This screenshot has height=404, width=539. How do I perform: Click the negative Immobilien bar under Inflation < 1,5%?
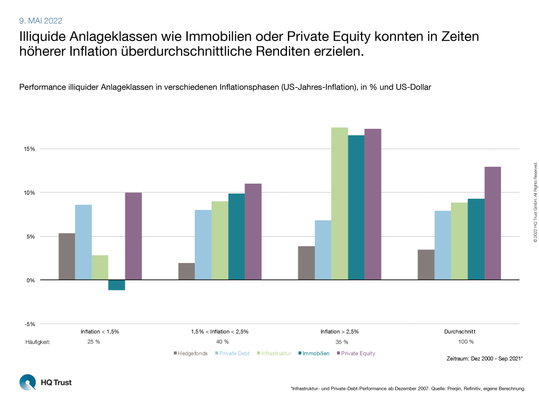coord(116,285)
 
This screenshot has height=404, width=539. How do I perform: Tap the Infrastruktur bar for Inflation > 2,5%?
coord(340,204)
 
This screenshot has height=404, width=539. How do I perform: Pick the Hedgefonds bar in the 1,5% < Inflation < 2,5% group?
coord(186,271)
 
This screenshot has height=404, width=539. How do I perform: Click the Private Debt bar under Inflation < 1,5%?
coord(83,242)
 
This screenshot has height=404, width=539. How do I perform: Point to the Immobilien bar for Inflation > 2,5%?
coord(356,207)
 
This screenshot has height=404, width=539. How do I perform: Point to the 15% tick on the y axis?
coord(28,149)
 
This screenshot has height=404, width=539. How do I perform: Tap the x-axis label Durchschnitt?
coord(460,332)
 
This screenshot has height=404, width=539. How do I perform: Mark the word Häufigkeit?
coord(37,342)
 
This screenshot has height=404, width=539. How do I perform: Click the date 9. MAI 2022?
coord(41,21)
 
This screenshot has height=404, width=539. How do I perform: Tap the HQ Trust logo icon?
coord(27,382)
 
